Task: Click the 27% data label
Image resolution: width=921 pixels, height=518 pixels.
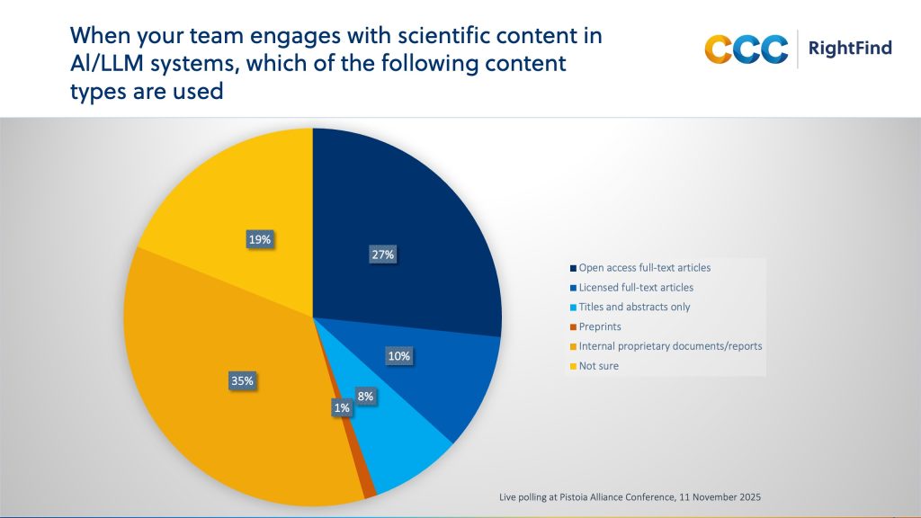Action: click(x=381, y=255)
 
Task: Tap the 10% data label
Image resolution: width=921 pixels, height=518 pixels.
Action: click(x=399, y=356)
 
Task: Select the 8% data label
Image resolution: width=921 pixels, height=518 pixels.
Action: click(x=365, y=396)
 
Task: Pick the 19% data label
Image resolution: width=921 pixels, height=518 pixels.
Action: click(x=260, y=239)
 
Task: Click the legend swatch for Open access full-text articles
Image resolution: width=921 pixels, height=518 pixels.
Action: click(x=572, y=267)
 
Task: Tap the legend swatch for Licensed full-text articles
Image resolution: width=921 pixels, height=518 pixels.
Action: click(x=572, y=287)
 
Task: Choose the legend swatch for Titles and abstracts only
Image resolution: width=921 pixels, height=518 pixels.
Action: click(x=572, y=307)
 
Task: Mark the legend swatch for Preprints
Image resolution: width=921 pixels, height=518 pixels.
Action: click(x=572, y=326)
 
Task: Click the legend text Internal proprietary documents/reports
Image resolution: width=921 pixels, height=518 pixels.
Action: click(x=670, y=346)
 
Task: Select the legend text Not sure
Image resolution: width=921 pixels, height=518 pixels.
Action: click(x=599, y=366)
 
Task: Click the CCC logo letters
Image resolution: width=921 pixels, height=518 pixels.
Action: click(x=746, y=49)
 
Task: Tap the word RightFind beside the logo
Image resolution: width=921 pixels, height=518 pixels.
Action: click(x=850, y=48)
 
